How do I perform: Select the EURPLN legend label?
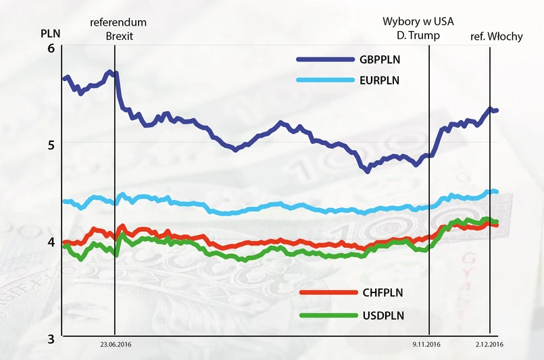(x=380, y=80)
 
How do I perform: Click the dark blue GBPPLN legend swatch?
(x=326, y=59)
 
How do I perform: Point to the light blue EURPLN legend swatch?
(x=326, y=80)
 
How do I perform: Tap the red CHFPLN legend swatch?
(x=328, y=292)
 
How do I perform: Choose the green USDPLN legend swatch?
(x=328, y=315)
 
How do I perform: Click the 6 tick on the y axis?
(x=51, y=49)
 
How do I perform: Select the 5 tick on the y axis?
(x=51, y=143)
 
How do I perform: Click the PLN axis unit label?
(x=50, y=32)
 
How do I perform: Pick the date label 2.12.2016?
(x=489, y=344)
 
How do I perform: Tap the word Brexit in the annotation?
(x=120, y=36)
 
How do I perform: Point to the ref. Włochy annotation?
(x=496, y=36)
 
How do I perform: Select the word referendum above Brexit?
(x=118, y=22)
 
